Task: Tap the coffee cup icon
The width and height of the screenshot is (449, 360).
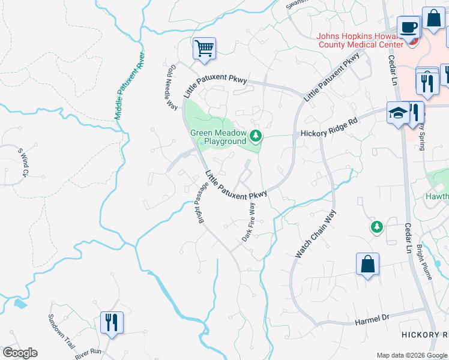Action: coord(408,28)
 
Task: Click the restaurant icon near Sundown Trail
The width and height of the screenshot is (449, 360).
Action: coord(111,322)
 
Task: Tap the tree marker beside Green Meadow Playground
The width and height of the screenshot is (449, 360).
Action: coord(256,136)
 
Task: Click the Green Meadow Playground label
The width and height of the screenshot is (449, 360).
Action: coord(218,137)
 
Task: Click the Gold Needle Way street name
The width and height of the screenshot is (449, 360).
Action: coord(172,88)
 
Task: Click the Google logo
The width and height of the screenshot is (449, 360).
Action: coord(20,352)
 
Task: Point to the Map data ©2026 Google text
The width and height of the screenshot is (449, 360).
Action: coord(411,355)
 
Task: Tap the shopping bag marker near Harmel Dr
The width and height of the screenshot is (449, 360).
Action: coord(367,265)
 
